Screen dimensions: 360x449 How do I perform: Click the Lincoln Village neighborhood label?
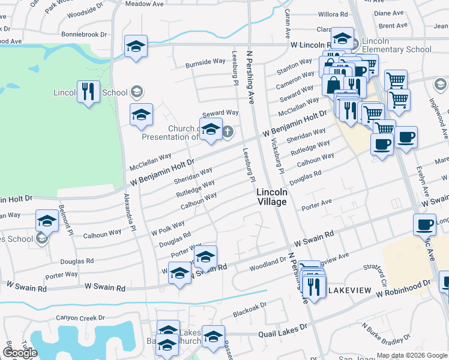coord(272,197)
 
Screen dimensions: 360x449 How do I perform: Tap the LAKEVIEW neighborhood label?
coord(349,290)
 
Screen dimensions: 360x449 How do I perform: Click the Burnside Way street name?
coord(205,62)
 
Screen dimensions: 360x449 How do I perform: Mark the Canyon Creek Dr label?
coord(80,318)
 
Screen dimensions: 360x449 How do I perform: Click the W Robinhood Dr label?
coord(404,289)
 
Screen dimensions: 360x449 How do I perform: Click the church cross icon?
coord(228,131)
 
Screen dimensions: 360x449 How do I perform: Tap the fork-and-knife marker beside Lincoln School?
coord(89,92)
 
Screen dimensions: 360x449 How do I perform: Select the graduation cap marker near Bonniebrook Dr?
coord(136,46)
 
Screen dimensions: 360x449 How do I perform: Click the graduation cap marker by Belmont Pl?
coord(46,221)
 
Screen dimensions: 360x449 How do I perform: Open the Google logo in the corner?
coord(20,353)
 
